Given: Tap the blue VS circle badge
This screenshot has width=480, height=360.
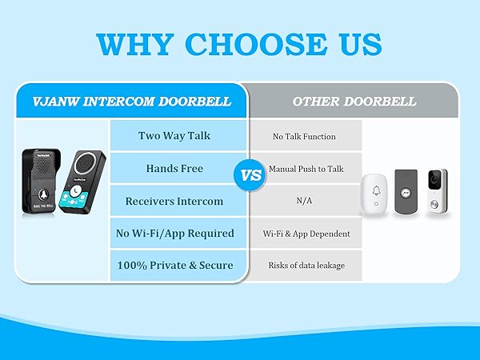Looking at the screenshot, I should coord(250,175).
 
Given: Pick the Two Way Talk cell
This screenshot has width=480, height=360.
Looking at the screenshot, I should coord(174,135).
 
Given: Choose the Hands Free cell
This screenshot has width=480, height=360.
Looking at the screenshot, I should coord(174,169).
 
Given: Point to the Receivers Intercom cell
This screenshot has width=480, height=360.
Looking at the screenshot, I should coord(174,201).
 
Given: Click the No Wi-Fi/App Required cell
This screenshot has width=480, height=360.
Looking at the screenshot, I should coord(174,233).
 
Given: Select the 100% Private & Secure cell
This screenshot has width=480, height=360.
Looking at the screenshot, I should coord(174,265).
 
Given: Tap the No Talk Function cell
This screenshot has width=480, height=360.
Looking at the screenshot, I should coord(304,136).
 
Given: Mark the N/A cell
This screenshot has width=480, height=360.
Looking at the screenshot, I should coord(304,201).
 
